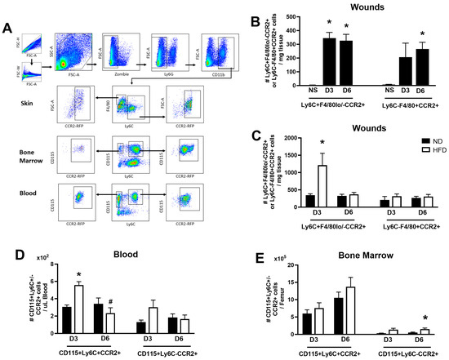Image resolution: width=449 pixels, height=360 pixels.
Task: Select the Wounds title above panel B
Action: tap(351, 7)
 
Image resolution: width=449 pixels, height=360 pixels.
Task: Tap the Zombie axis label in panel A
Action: tap(122, 74)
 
